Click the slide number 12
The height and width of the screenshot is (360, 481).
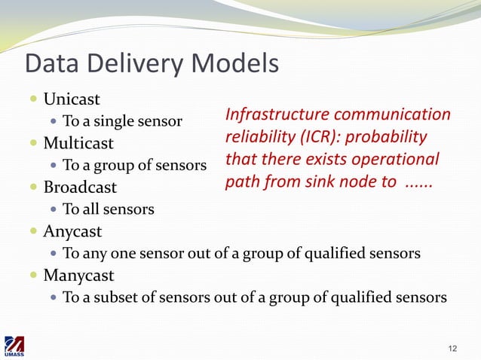(452, 348)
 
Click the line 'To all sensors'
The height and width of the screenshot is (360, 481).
(109, 209)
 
